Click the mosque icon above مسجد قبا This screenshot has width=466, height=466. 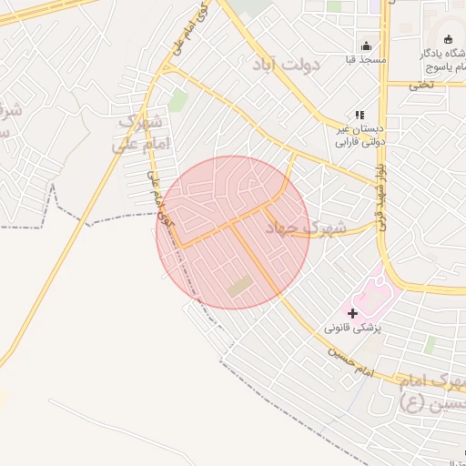pyautogui.click(x=367, y=46)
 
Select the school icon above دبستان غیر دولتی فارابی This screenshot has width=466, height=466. pyautogui.click(x=360, y=115)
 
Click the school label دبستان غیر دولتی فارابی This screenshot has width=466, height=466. pyautogui.click(x=356, y=135)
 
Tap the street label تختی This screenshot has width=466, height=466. pyautogui.click(x=421, y=85)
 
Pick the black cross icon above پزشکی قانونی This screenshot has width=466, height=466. pyautogui.click(x=353, y=313)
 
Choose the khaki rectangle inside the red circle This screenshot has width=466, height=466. pyautogui.click(x=240, y=288)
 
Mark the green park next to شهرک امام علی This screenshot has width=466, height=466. pyautogui.click(x=177, y=100)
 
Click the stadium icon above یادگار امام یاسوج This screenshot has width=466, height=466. pyautogui.click(x=448, y=38)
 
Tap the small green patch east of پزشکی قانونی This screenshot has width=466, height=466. pyautogui.click(x=430, y=346)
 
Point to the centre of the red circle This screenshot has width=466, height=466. pyautogui.click(x=233, y=233)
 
